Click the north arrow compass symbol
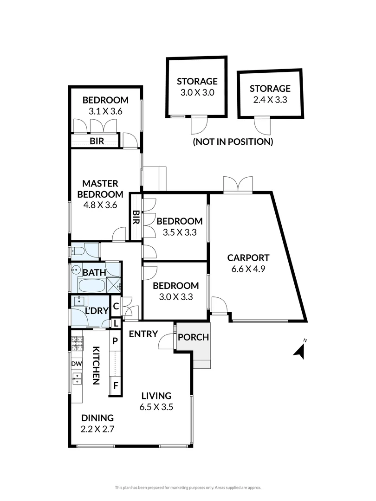300,351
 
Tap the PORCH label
194,337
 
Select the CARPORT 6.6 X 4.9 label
248,263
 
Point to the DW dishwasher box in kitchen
76,364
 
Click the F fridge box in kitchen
115,385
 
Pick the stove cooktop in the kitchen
77,344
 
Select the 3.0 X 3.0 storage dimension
197,92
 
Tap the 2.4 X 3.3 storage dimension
270,99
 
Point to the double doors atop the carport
238,184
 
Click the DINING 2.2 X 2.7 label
97,423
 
